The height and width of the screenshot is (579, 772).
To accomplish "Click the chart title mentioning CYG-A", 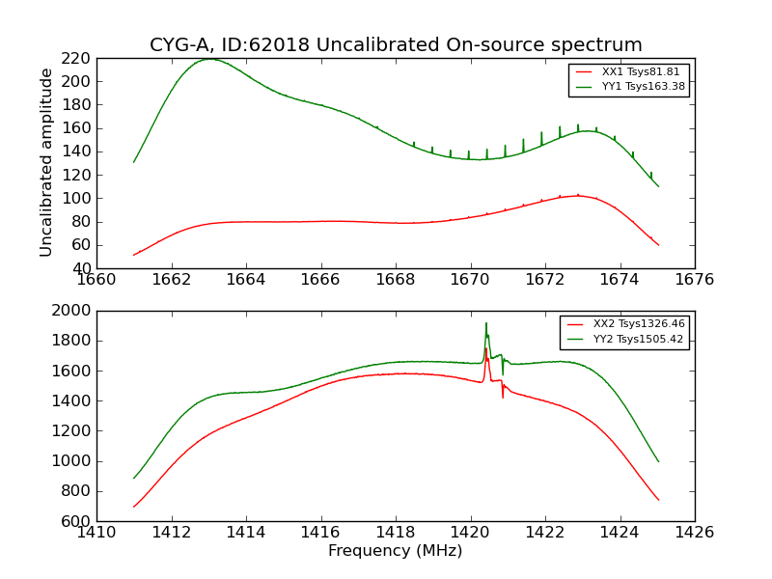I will (396, 45).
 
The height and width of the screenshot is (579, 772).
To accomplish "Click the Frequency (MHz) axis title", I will (396, 551).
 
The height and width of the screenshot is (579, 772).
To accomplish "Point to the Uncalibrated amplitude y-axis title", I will (47, 162).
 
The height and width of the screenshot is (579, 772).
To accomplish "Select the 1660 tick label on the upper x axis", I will (96, 280).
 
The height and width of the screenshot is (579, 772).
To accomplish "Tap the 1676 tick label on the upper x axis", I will (695, 280).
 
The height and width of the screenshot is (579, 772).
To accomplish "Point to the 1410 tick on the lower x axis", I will (96, 532).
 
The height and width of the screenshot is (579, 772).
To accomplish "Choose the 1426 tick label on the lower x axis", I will (695, 532).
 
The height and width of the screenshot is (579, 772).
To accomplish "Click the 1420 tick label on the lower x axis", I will (471, 532).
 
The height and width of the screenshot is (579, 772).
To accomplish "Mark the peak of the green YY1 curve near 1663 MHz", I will (210, 59).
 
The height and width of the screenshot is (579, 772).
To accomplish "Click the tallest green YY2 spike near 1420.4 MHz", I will (486, 323).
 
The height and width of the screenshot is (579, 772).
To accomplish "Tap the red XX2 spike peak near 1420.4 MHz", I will (486, 349).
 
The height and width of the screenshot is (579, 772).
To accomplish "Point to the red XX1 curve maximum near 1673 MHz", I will (578, 195).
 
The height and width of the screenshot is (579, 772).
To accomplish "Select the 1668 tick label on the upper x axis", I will (396, 280).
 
